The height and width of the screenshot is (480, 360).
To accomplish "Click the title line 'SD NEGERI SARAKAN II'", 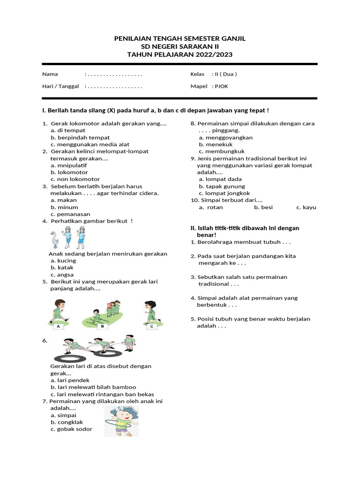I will click(180, 46).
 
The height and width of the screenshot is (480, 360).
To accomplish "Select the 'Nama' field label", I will click(50, 74).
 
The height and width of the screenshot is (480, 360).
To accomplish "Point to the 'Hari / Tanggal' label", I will click(60, 86).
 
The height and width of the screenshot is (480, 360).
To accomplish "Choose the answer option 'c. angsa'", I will click(62, 275).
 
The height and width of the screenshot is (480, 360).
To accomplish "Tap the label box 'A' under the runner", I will click(59, 325).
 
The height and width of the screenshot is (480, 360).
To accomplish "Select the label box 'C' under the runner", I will click(151, 325).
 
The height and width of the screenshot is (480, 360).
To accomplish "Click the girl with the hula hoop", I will click(121, 420).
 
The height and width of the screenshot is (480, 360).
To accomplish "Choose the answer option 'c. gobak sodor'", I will click(72, 429).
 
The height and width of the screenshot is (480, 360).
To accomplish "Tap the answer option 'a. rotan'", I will click(211, 207).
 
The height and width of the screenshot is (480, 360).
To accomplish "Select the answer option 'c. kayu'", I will click(306, 207).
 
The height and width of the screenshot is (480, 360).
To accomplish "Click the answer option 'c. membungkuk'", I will click(222, 151).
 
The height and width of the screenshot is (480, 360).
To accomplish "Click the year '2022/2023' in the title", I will click(214, 55).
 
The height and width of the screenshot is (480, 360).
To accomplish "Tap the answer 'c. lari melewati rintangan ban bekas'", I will click(102, 394).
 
